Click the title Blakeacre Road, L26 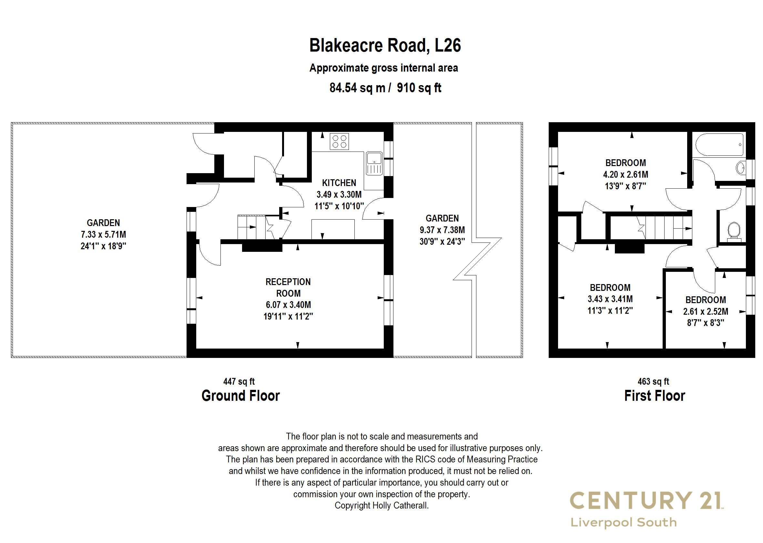(385, 45)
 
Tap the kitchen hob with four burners (339, 141)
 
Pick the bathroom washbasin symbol (740, 168)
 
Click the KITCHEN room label (339, 183)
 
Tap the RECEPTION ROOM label (288, 288)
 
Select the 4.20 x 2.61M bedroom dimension (626, 174)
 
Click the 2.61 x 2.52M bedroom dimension (706, 311)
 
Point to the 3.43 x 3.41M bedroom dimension (610, 299)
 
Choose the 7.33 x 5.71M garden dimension (103, 234)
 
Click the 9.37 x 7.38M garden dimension (442, 230)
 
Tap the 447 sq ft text (239, 381)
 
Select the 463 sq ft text (653, 381)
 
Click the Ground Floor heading (240, 396)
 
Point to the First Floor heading (655, 396)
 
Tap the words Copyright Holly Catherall (381, 506)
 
